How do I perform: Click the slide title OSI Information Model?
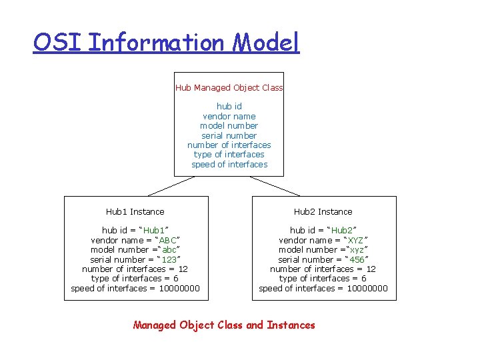click(x=167, y=43)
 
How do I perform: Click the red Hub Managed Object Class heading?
click(x=229, y=87)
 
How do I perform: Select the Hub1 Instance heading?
click(x=135, y=211)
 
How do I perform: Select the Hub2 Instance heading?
click(x=323, y=211)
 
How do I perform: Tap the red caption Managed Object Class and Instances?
click(x=224, y=325)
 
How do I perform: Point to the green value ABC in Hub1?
click(x=167, y=240)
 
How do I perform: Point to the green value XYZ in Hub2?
click(x=355, y=240)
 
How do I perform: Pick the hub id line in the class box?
click(x=229, y=106)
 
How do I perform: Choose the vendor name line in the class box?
click(x=229, y=116)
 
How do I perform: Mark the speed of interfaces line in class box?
click(x=229, y=164)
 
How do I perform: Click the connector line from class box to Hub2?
click(x=275, y=186)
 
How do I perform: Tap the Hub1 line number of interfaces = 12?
click(x=135, y=269)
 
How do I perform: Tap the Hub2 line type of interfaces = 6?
click(x=323, y=279)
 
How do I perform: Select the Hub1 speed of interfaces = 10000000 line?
click(x=135, y=288)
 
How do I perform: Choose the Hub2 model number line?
click(x=323, y=249)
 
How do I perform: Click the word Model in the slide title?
click(x=266, y=43)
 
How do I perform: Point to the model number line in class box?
click(x=229, y=125)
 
